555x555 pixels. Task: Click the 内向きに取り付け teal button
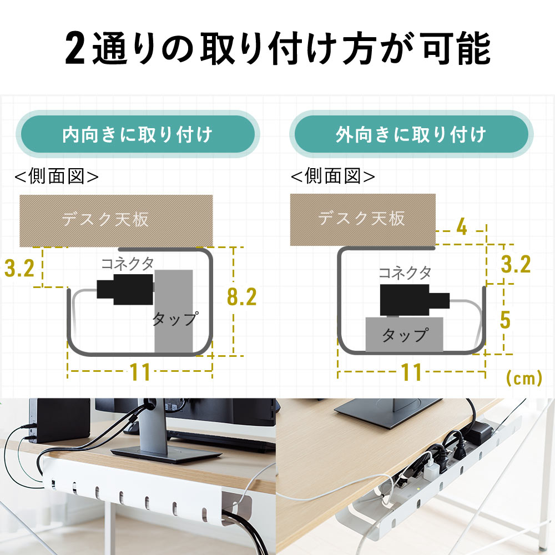pyautogui.click(x=137, y=134)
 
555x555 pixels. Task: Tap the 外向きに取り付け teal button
pyautogui.click(x=411, y=134)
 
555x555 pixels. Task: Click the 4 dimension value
pyautogui.click(x=462, y=226)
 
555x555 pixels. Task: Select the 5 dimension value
pyautogui.click(x=505, y=320)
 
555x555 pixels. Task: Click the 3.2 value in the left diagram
pyautogui.click(x=19, y=268)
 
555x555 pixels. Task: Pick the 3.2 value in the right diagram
pyautogui.click(x=516, y=264)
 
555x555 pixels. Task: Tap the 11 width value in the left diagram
pyautogui.click(x=140, y=372)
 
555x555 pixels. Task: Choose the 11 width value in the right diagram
pyautogui.click(x=411, y=372)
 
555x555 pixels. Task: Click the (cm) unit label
pyautogui.click(x=524, y=379)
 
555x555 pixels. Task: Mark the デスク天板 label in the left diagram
pyautogui.click(x=105, y=219)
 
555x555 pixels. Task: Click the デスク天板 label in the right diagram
pyautogui.click(x=361, y=218)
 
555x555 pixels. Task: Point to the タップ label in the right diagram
pyautogui.click(x=405, y=335)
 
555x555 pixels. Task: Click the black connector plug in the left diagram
pyautogui.click(x=125, y=289)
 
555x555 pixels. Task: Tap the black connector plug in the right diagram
pyautogui.click(x=415, y=300)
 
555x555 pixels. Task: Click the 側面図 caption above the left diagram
pyautogui.click(x=56, y=176)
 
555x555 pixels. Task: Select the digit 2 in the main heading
pyautogui.click(x=75, y=48)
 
